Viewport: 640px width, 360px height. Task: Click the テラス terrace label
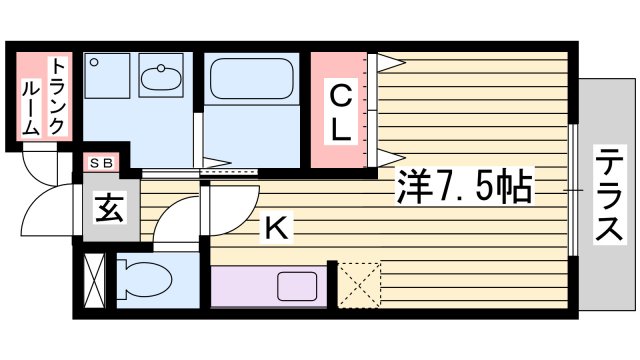pyautogui.click(x=607, y=195)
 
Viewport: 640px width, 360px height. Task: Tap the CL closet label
pyautogui.click(x=341, y=112)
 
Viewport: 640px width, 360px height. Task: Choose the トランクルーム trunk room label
pyautogui.click(x=44, y=95)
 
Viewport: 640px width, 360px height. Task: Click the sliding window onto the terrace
pyautogui.click(x=573, y=190)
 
